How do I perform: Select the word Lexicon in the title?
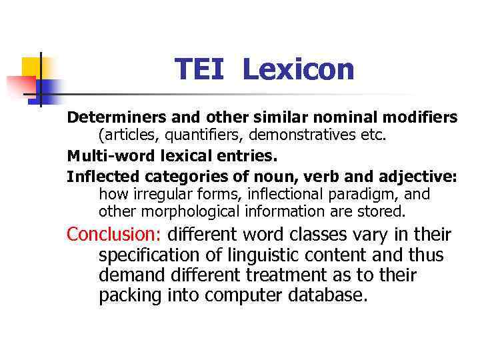point(298,70)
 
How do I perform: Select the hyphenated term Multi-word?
point(101,157)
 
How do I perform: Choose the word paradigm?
point(369,194)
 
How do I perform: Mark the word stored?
point(382,211)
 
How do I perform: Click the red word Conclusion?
point(115,235)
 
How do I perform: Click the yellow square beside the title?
point(31,68)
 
